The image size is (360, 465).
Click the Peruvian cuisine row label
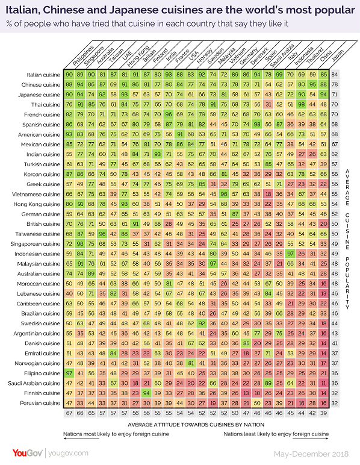pos(42,402)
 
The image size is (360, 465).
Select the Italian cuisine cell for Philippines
pos(69,74)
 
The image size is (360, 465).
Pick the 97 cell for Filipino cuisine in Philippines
pos(69,372)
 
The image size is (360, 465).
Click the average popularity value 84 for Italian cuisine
pos(335,74)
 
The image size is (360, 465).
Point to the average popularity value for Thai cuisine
pos(335,104)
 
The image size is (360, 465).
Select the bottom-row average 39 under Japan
pos(324,413)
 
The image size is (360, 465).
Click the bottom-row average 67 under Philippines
pos(69,413)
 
